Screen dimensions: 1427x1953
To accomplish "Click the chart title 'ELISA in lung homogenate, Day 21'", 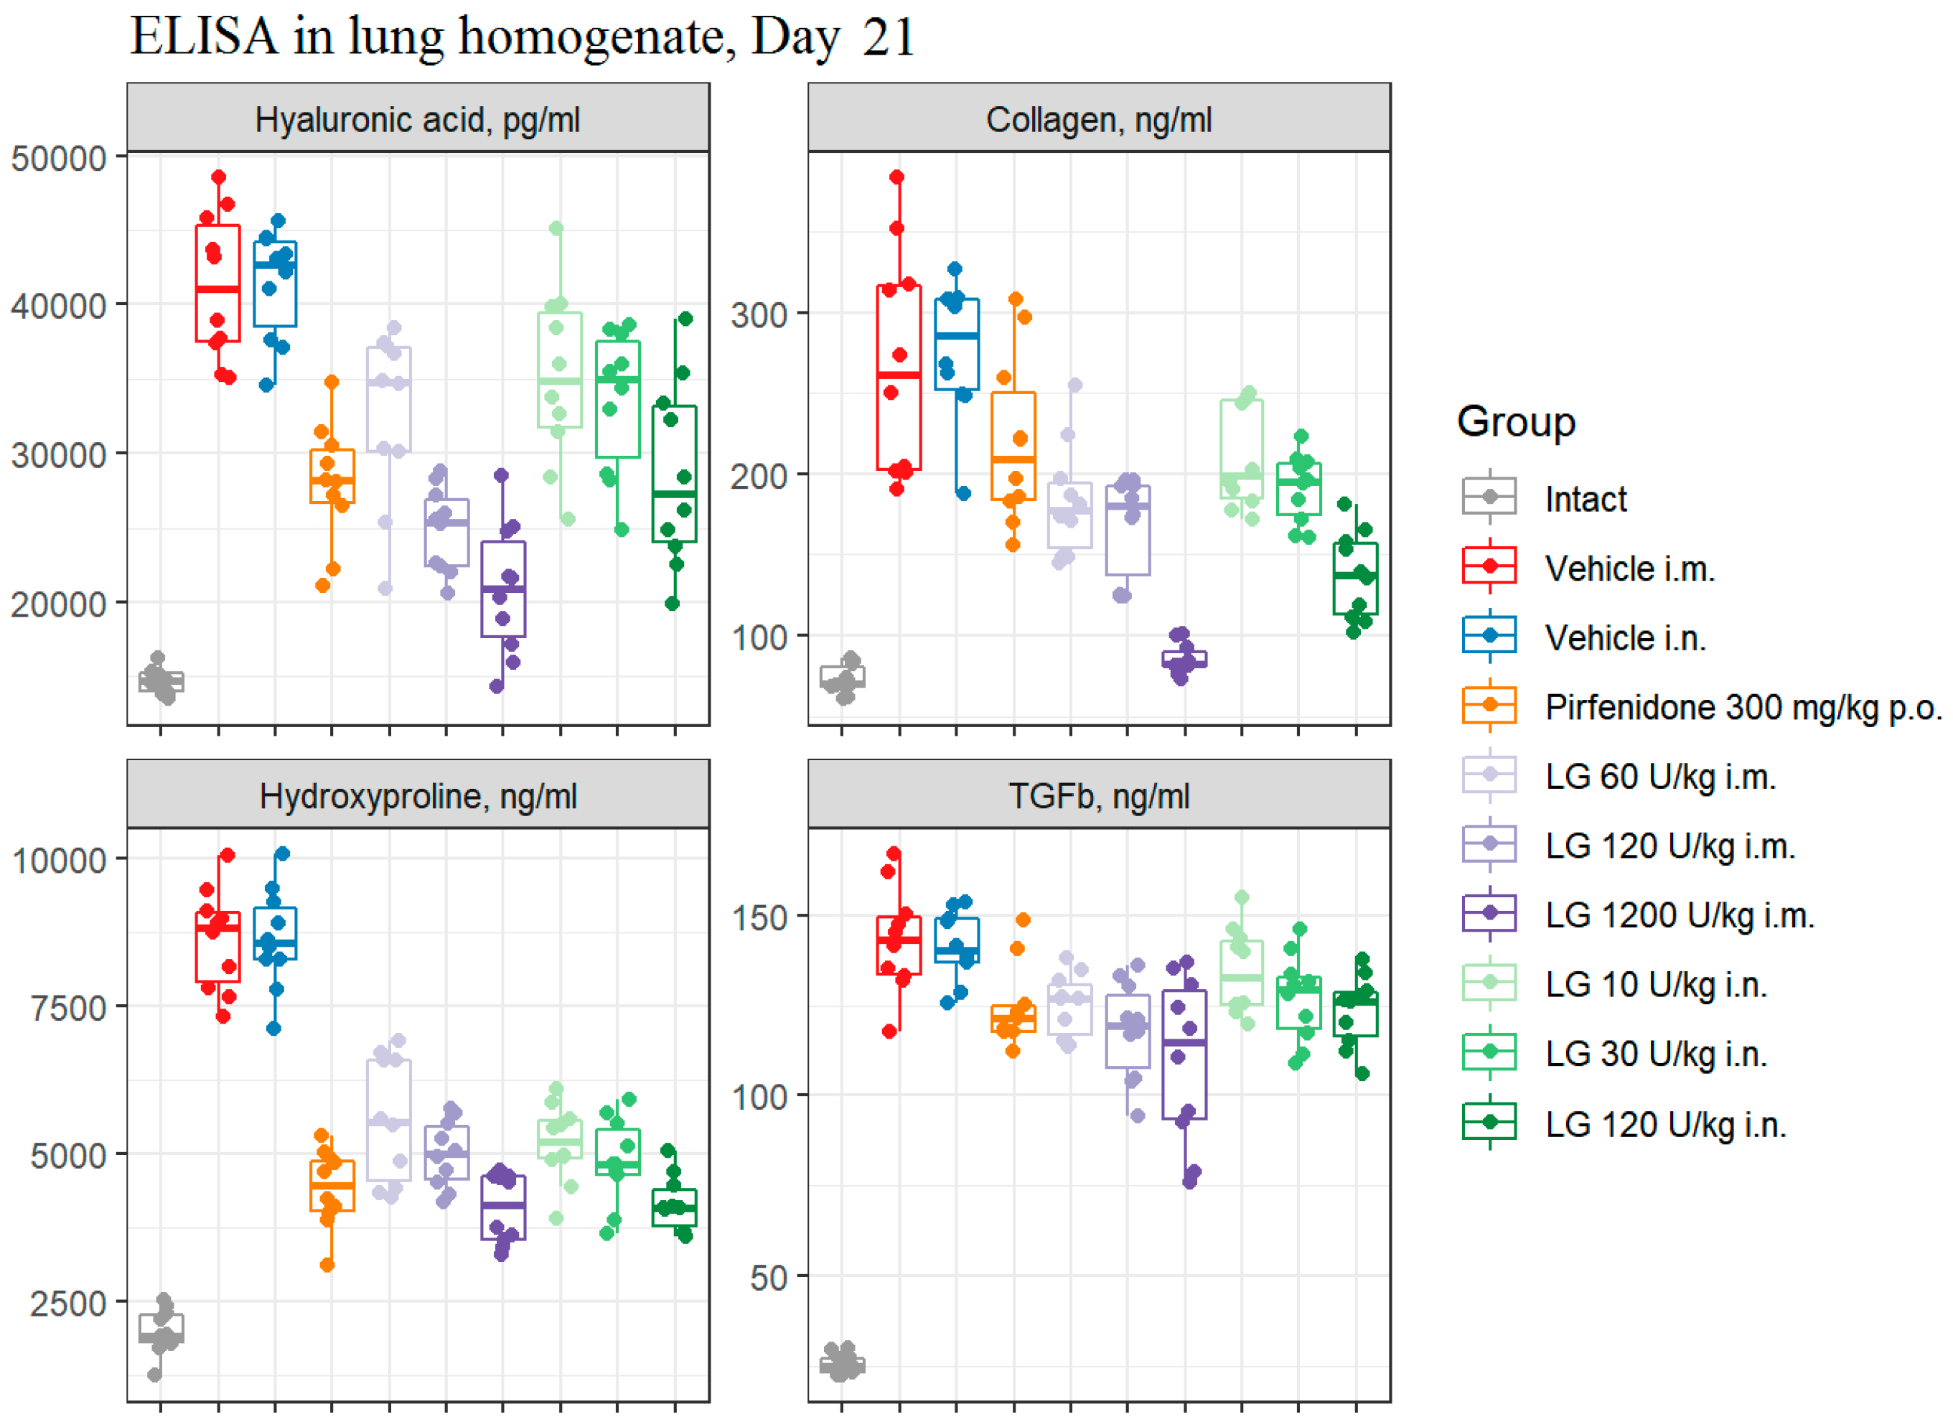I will (522, 37).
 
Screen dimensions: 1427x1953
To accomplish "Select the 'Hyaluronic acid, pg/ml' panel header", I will (417, 119).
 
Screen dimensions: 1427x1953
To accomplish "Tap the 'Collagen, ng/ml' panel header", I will (1099, 119).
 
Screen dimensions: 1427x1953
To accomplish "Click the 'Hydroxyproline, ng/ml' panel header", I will (417, 795).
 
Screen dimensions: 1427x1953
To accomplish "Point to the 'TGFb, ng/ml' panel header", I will (1099, 795).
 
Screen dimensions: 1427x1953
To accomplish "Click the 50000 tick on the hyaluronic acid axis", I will (59, 158).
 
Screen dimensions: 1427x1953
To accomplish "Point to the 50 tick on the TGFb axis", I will (769, 1278).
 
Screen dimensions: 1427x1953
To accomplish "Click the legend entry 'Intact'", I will (1585, 498).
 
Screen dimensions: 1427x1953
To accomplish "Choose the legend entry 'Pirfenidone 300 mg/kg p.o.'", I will (1741, 706).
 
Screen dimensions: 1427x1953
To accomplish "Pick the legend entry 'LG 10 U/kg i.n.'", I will (1655, 984).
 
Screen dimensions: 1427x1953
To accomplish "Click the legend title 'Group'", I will (1516, 421).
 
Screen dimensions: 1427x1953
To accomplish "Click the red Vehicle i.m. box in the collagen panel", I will (899, 378).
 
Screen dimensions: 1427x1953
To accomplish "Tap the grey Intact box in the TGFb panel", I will (842, 1366).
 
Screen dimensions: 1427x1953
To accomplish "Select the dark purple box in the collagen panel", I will (1184, 659).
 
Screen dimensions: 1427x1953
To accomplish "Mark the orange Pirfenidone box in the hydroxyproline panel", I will (332, 1186).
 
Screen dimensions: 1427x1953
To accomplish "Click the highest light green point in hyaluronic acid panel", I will (556, 228).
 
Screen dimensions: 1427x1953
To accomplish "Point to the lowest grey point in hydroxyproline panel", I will (154, 1375).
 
